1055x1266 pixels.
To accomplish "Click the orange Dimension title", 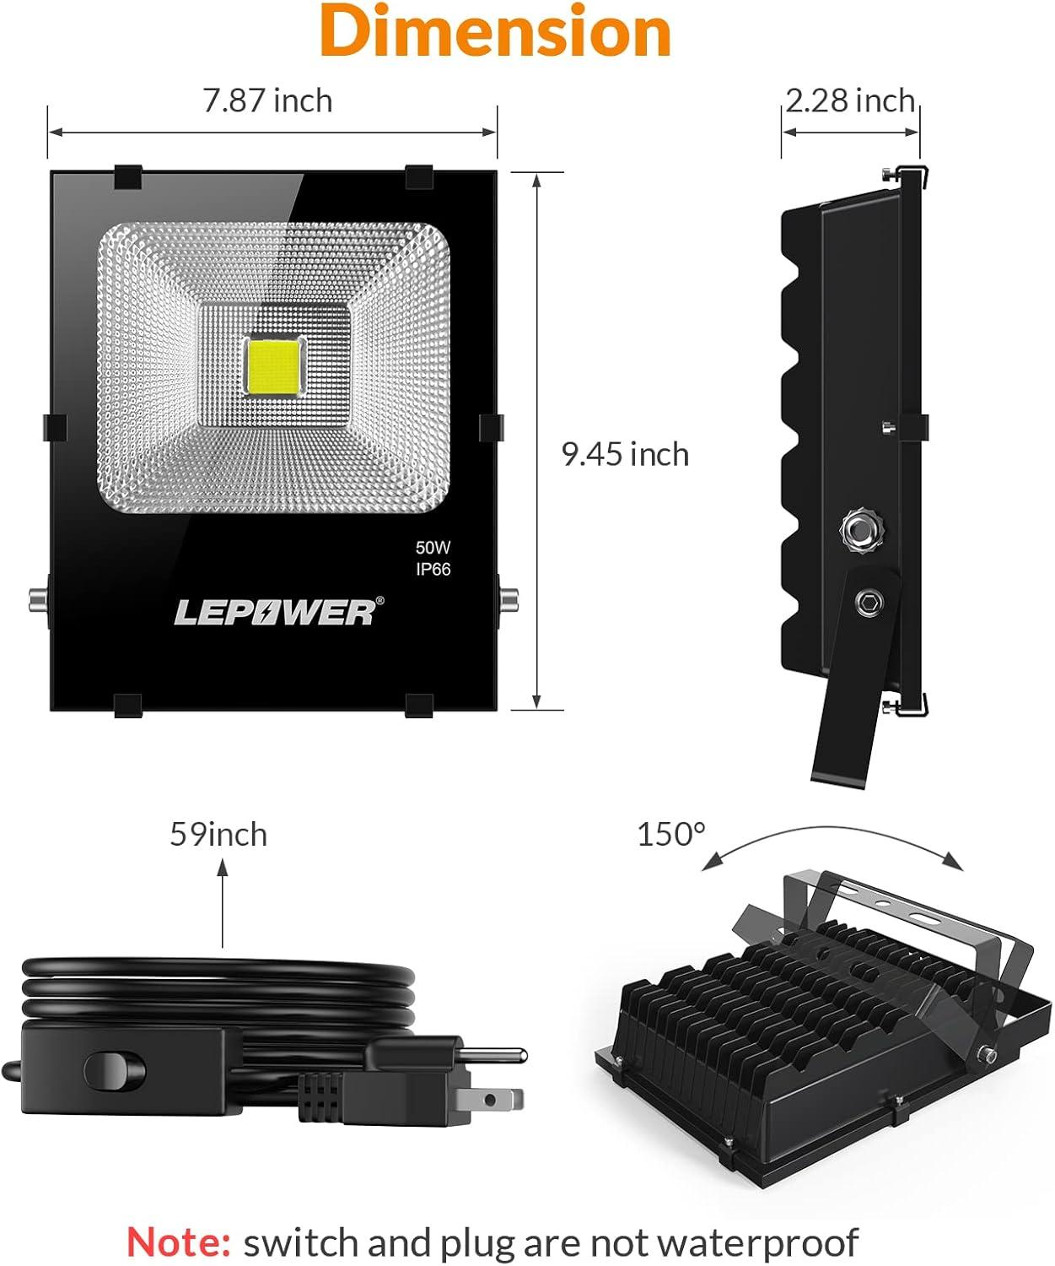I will [495, 32].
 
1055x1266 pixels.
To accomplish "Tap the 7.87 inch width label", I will [267, 101].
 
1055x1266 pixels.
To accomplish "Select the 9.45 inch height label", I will [625, 455].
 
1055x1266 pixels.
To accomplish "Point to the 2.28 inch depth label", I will [850, 101].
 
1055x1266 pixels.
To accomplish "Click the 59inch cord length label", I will [218, 835].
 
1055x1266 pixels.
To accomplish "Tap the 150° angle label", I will [670, 835].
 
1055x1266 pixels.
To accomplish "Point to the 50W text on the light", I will [433, 548].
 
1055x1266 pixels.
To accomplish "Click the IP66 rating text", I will [433, 570].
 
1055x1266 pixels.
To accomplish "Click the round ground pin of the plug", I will [493, 1055].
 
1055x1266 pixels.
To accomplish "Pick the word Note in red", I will [179, 1242].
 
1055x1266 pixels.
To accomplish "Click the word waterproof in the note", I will [756, 1242].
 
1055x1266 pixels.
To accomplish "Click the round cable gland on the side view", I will [859, 530].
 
